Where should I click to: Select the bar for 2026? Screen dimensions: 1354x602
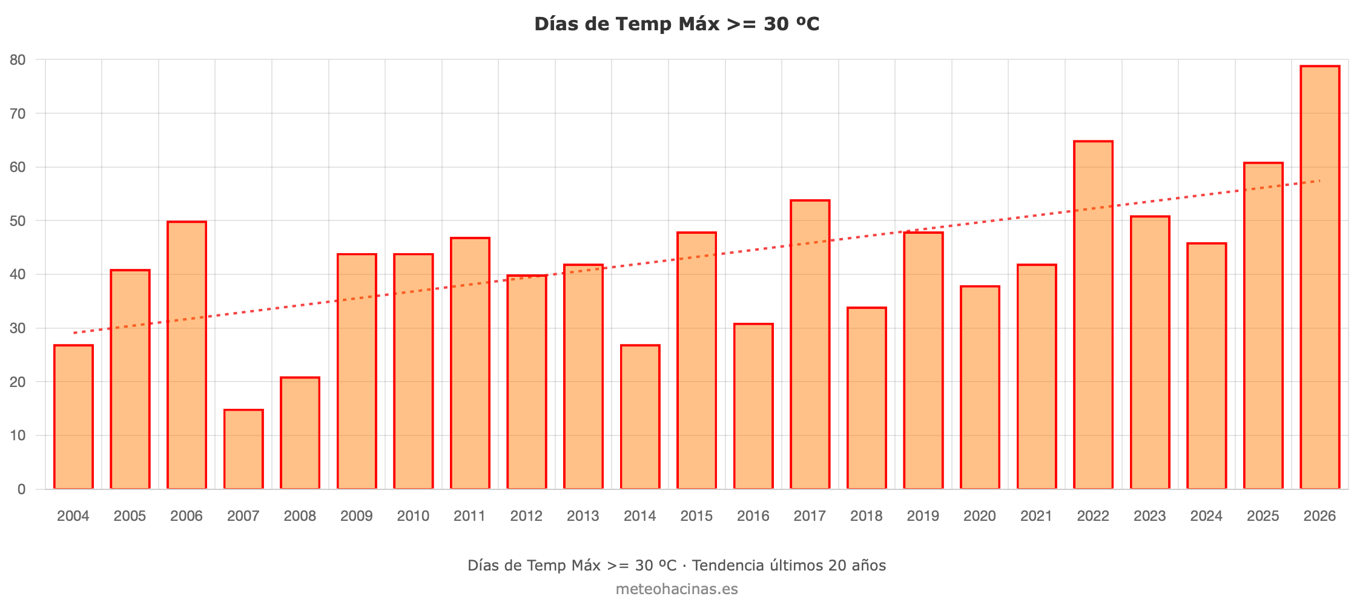1319,277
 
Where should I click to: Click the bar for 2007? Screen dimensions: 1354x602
243,449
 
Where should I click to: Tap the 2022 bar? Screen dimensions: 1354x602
1093,315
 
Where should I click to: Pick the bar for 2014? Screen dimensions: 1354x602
640,417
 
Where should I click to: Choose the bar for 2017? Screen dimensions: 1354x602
810,345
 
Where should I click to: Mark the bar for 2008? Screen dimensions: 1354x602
300,433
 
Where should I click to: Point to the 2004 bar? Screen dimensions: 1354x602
73,417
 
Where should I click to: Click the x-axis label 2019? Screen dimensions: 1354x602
923,516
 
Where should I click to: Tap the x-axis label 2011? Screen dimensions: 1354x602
470,516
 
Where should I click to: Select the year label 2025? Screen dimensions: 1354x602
1263,516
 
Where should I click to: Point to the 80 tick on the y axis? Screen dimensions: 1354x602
18,60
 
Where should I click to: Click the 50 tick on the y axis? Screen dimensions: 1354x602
18,221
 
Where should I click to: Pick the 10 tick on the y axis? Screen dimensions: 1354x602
18,435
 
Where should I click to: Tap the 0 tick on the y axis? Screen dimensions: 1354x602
22,489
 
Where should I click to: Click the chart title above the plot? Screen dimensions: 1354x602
677,24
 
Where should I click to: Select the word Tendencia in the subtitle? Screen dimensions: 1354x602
728,566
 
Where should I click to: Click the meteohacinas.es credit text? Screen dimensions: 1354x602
677,589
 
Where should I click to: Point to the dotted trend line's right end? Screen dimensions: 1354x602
1320,180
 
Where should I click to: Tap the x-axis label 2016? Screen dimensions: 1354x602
753,516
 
